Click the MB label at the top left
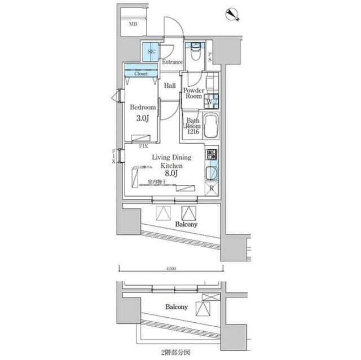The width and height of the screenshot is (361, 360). pyautogui.click(x=133, y=24)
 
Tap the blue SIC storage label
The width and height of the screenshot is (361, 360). pyautogui.click(x=151, y=52)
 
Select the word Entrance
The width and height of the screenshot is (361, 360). pyautogui.click(x=171, y=62)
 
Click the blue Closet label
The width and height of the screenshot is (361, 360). pyautogui.click(x=140, y=73)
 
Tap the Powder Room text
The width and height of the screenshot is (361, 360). pyautogui.click(x=193, y=93)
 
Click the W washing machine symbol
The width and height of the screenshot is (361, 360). pyautogui.click(x=208, y=102)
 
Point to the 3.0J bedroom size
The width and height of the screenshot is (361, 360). pyautogui.click(x=142, y=119)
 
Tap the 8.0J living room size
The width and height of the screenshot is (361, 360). pyautogui.click(x=171, y=174)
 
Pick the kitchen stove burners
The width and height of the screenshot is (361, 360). pyautogui.click(x=211, y=154)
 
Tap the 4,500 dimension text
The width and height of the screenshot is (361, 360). pyautogui.click(x=171, y=269)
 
